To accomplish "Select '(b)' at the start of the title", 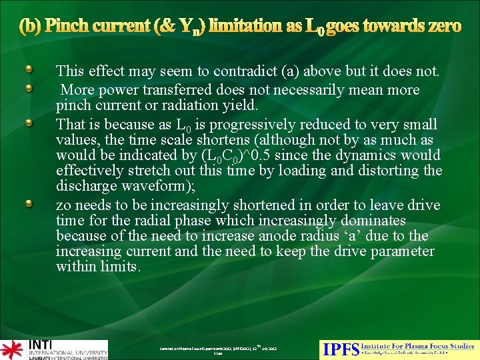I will click(30, 25).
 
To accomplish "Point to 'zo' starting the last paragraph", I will click(63, 205).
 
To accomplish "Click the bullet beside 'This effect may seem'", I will click(27, 69).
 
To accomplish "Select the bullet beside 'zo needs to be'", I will click(27, 203).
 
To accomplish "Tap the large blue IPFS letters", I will click(340, 349).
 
